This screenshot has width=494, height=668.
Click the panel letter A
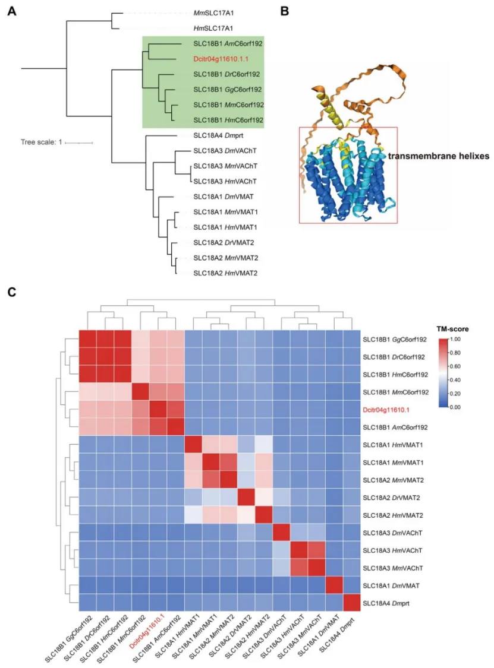[11, 10]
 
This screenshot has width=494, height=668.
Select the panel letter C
[11, 292]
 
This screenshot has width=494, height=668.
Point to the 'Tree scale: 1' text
[41, 142]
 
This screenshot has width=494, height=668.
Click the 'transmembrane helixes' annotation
[438, 156]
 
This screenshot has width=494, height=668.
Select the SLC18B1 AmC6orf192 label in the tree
[228, 43]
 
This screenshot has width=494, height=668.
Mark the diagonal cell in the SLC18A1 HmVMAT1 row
[193, 444]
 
